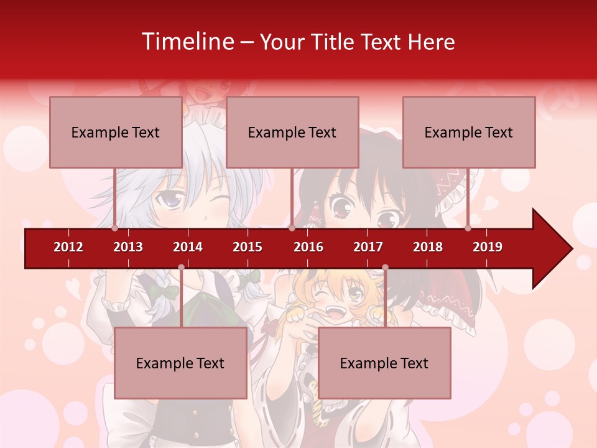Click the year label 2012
coord(68,247)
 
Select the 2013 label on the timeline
coord(128,247)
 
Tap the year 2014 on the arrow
coord(188,247)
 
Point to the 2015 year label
coord(248,247)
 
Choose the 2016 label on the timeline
coord(308,247)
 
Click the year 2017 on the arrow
coord(368,247)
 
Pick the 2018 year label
coord(428,247)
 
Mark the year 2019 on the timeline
coord(488,247)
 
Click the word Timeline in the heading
coord(187,42)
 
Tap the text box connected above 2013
coord(116,132)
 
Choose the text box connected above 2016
coord(292,132)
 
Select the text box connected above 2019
coord(469,132)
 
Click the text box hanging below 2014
coord(180,363)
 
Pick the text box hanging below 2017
coord(384,363)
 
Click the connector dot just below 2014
coord(181,268)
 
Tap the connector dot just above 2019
coord(468,228)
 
